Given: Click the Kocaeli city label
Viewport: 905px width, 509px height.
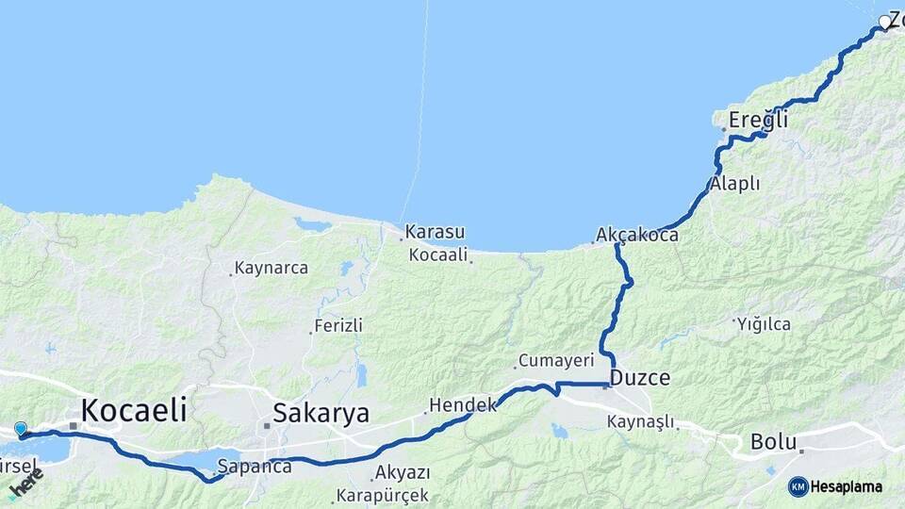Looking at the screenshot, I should click(x=133, y=410).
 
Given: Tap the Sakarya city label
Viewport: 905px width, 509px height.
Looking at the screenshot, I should click(x=321, y=413).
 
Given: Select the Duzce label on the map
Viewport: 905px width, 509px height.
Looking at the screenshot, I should click(x=640, y=379).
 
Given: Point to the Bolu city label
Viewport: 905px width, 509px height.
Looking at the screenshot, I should click(x=774, y=441).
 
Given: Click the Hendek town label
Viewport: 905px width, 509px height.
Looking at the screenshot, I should click(x=462, y=405).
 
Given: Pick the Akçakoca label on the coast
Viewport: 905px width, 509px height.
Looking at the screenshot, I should click(x=637, y=236).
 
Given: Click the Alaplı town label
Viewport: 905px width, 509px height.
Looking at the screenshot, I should click(x=735, y=184).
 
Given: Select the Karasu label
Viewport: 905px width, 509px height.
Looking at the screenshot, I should click(x=435, y=231).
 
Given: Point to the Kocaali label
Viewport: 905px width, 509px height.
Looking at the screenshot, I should click(x=438, y=254).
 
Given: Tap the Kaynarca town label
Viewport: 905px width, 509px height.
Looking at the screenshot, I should click(x=271, y=269).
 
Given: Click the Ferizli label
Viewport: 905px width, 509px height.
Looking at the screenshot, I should click(x=337, y=325).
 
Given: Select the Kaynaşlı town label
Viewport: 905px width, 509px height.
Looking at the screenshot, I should click(x=641, y=421).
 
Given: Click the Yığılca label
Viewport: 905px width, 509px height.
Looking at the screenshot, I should click(x=765, y=324).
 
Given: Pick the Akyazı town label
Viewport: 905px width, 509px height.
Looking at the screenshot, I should click(x=402, y=472).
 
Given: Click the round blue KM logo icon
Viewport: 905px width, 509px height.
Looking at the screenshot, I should click(x=798, y=486).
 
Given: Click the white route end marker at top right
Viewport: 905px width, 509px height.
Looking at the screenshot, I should click(x=885, y=22).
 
